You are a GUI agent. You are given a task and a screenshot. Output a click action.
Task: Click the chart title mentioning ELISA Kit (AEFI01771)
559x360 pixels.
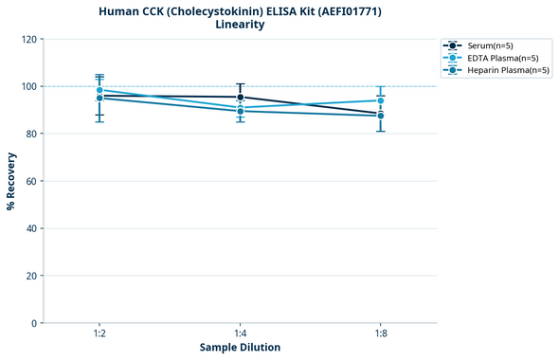coord(240,11)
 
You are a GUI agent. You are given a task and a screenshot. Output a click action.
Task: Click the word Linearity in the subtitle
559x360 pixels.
coord(240,25)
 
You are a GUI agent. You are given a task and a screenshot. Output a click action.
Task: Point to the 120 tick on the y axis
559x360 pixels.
coord(28,39)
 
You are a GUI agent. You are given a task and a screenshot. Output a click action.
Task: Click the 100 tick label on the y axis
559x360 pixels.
coord(28,86)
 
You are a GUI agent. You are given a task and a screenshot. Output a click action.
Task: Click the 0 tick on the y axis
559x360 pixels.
coord(34,323)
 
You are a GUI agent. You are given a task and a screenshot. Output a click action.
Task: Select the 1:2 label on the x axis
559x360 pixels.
coord(99,333)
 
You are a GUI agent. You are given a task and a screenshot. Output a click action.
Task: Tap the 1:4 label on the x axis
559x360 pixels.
coord(240,333)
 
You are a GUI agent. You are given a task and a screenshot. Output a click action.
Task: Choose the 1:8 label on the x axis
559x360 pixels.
coord(380,333)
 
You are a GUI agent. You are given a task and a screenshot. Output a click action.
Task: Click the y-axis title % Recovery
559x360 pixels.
coord(11,181)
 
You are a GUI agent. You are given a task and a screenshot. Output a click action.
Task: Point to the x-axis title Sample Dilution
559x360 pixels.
coord(240,348)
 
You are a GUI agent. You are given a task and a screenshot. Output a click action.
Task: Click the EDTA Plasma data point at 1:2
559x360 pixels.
coord(99,90)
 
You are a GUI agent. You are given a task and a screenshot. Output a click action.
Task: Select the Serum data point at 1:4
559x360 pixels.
coord(240,98)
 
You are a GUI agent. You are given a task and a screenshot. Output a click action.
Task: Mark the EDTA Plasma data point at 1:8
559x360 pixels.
coord(380,100)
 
